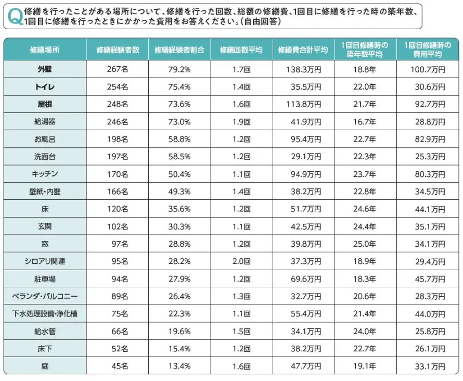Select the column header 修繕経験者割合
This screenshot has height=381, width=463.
click(179, 50)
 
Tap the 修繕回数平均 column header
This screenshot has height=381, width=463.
click(241, 50)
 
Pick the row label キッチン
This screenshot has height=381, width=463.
click(45, 174)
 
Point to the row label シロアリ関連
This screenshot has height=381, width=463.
click(45, 261)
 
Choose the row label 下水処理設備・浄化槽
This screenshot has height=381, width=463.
click(45, 314)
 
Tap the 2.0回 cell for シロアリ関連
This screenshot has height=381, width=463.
click(242, 261)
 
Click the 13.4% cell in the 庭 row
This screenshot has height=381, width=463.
click(179, 366)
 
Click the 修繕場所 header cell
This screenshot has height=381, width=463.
click(45, 50)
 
